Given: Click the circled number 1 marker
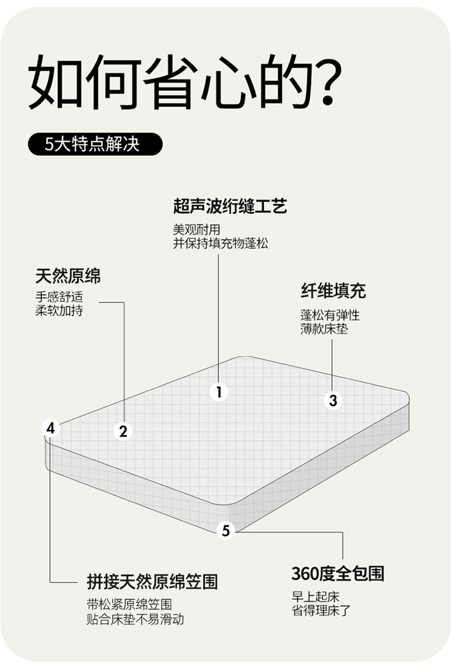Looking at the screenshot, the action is (x=219, y=392).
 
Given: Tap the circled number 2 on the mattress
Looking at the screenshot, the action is (x=123, y=431).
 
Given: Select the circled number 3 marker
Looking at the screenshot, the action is (x=333, y=401).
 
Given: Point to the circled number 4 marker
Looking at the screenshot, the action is (x=51, y=428).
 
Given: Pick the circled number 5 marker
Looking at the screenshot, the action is (x=226, y=531).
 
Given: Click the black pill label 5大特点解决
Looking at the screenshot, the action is (x=95, y=144).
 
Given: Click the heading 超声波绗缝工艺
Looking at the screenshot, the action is (x=229, y=206).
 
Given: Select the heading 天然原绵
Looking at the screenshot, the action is (x=68, y=276).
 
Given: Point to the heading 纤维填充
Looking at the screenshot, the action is (x=333, y=291).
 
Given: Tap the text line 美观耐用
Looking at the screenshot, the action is (x=196, y=230).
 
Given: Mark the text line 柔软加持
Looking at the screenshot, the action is (x=59, y=311).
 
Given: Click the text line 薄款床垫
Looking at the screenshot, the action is (x=324, y=329).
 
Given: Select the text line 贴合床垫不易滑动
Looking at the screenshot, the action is (x=135, y=620).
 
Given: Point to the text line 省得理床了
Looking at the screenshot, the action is (x=321, y=611).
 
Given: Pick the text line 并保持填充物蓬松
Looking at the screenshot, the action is (x=220, y=244).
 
